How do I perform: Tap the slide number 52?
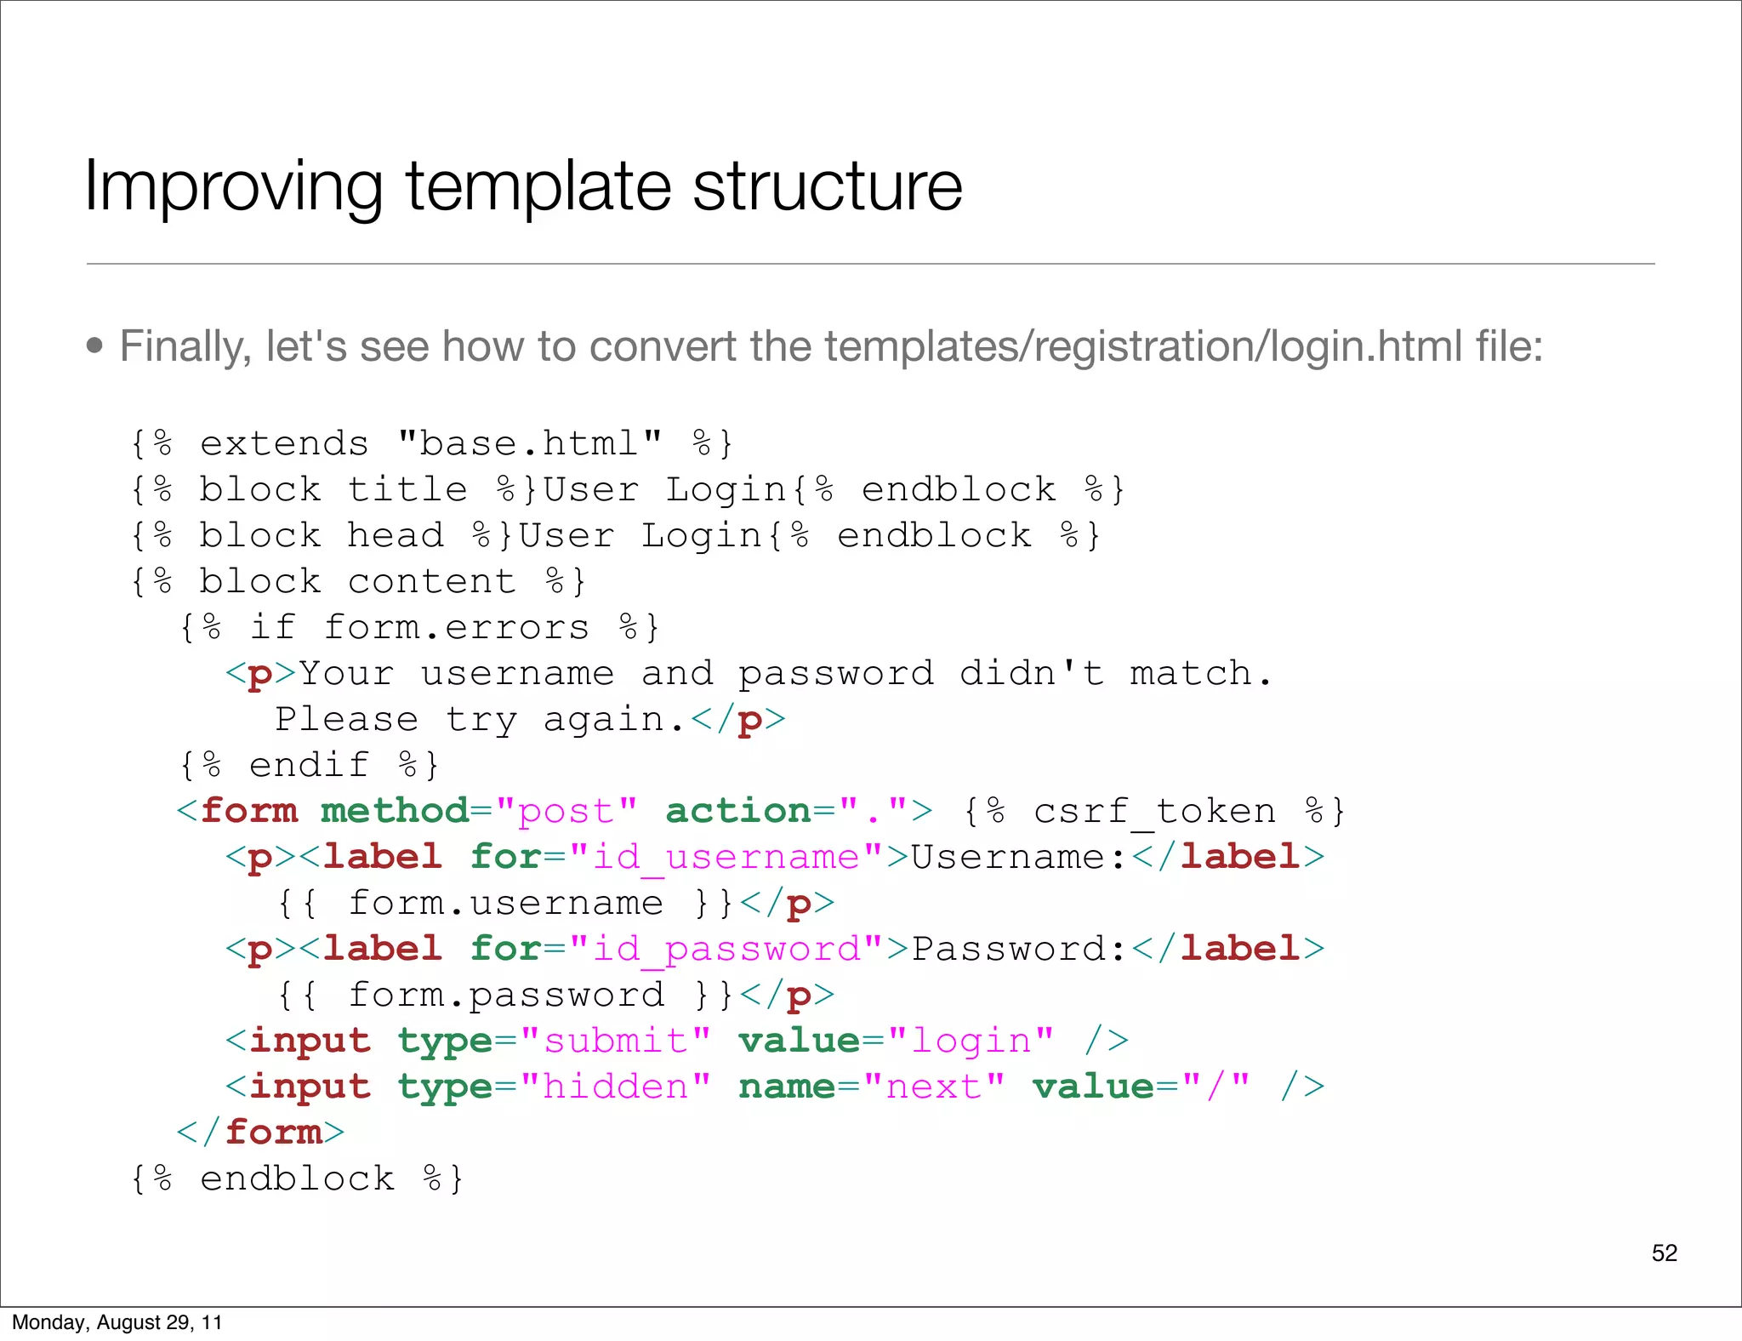click(1664, 1253)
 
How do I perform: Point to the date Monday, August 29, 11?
click(117, 1322)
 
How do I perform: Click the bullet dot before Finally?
click(94, 346)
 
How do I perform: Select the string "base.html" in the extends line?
click(529, 443)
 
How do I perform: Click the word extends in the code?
click(284, 443)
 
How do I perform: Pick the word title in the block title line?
click(407, 489)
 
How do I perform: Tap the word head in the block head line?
click(396, 535)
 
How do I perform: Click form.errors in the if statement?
click(457, 627)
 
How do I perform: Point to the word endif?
click(309, 765)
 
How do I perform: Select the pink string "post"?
click(566, 811)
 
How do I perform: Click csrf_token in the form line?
click(1154, 811)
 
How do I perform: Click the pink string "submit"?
click(615, 1041)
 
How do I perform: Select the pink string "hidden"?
click(615, 1087)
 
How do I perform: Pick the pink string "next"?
click(933, 1087)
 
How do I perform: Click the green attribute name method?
click(395, 811)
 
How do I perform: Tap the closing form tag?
click(260, 1133)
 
